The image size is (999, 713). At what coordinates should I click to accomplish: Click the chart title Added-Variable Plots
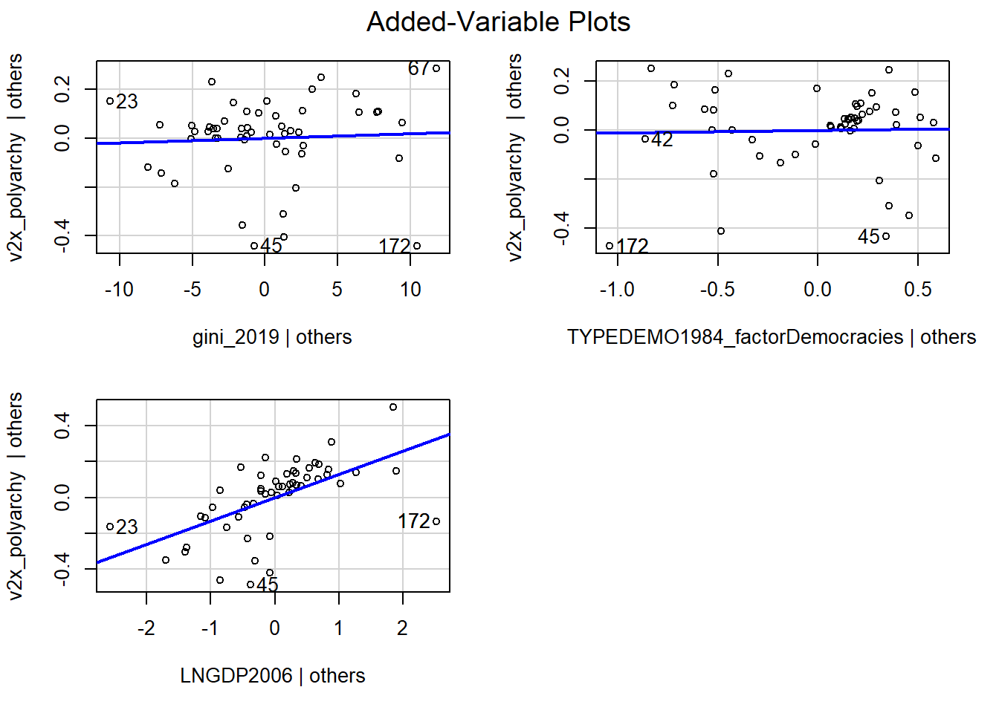(x=498, y=22)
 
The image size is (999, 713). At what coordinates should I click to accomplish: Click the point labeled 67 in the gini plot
(x=436, y=68)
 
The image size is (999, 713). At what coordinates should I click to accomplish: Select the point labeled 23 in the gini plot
(x=110, y=101)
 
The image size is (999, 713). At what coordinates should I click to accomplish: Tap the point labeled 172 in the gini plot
(x=417, y=246)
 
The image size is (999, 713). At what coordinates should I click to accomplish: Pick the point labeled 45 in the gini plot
(x=254, y=246)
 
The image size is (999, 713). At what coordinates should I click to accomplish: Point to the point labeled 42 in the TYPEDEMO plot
(x=645, y=139)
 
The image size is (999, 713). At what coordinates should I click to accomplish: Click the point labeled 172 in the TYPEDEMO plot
(x=610, y=246)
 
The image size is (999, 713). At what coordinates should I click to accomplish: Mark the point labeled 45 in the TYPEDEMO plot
(x=886, y=236)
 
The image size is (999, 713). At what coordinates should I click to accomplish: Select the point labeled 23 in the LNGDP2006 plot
(x=110, y=527)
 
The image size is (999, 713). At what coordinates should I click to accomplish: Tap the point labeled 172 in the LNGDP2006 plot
(x=436, y=521)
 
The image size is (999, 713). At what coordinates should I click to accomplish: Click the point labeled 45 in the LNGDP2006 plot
(x=250, y=585)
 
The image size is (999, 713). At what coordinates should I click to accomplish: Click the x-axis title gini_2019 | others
(x=272, y=337)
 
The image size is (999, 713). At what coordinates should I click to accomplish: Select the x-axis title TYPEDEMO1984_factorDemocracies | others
(x=772, y=337)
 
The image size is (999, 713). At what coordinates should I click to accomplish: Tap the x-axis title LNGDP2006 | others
(x=273, y=676)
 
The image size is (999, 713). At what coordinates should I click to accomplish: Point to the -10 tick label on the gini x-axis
(x=119, y=290)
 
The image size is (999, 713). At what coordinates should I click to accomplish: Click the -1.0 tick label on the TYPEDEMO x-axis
(x=617, y=290)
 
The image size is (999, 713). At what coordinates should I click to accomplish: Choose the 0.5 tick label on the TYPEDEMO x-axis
(x=918, y=290)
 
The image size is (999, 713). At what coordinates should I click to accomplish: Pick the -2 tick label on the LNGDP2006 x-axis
(x=146, y=628)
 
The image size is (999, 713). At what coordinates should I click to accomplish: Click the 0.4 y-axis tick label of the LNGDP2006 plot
(x=62, y=426)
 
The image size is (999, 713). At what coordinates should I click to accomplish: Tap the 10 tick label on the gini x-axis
(x=410, y=290)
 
